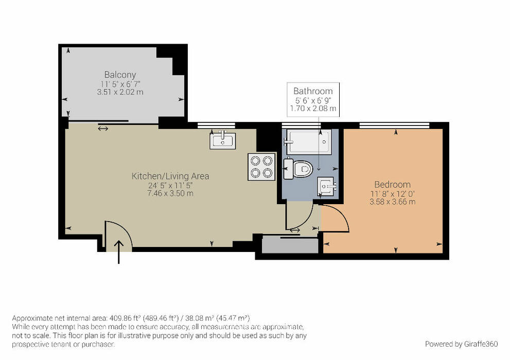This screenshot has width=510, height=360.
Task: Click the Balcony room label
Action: click(x=120, y=75)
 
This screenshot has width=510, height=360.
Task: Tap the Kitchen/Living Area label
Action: click(x=170, y=176)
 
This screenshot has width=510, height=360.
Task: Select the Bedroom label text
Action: click(x=392, y=185)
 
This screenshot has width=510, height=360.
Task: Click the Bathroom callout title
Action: click(x=313, y=91)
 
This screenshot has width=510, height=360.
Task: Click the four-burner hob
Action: click(x=261, y=167)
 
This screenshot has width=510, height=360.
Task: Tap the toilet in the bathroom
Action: click(x=298, y=168)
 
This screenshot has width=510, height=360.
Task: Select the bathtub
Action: click(x=309, y=141)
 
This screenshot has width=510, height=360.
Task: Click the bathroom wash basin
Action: click(x=327, y=187)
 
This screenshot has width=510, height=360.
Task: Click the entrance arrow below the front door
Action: click(x=119, y=252)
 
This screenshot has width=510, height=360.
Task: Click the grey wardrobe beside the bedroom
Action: click(x=290, y=245)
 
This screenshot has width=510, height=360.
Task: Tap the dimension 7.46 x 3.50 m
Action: click(x=170, y=194)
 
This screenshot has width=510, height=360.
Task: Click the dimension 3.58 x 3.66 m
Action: click(x=392, y=202)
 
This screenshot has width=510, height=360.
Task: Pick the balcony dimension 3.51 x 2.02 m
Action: click(x=120, y=92)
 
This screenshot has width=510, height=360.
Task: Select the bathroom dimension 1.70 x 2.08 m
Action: click(x=313, y=109)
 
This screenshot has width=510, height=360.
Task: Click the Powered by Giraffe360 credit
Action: click(x=461, y=344)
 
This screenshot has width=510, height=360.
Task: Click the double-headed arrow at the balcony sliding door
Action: click(x=103, y=129)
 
